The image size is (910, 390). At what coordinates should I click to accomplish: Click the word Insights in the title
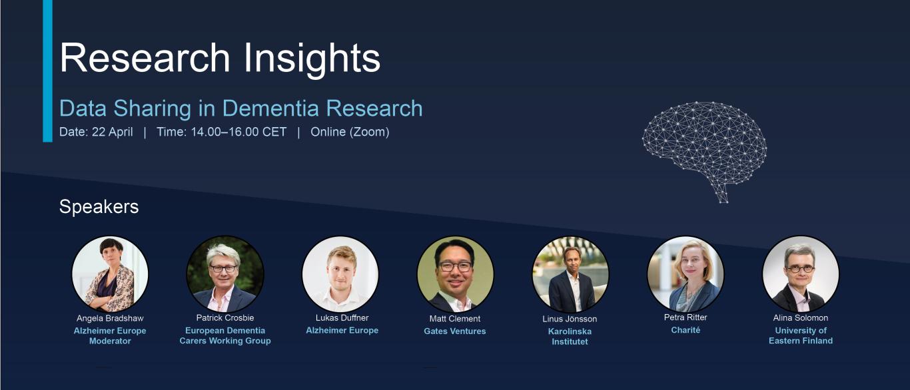pyautogui.click(x=312, y=59)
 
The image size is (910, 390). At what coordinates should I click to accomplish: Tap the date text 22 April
pyautogui.click(x=112, y=132)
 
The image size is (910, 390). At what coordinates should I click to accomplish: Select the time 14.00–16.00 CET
pyautogui.click(x=238, y=132)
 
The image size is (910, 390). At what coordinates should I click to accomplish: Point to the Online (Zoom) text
pyautogui.click(x=350, y=132)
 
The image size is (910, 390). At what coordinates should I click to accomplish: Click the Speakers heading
pyautogui.click(x=99, y=206)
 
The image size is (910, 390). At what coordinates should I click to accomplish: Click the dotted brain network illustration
pyautogui.click(x=704, y=152)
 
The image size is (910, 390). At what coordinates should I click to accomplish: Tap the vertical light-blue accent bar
pyautogui.click(x=47, y=71)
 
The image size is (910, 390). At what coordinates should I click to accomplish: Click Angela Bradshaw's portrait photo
pyautogui.click(x=110, y=274)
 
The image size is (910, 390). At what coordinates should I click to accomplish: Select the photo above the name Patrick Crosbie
pyautogui.click(x=225, y=274)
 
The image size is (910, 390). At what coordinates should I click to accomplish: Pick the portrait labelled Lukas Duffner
pyautogui.click(x=340, y=274)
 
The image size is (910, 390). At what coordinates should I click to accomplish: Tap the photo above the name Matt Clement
pyautogui.click(x=456, y=274)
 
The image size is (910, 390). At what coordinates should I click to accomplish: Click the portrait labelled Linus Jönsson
pyautogui.click(x=570, y=274)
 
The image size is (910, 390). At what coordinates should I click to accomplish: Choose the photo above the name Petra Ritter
pyautogui.click(x=685, y=274)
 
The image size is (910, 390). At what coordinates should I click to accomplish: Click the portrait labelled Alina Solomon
pyautogui.click(x=801, y=274)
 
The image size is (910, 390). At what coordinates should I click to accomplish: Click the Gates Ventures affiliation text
pyautogui.click(x=455, y=331)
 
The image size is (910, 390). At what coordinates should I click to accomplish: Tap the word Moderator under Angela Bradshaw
pyautogui.click(x=110, y=341)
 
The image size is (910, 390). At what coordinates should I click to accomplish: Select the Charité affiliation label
pyautogui.click(x=685, y=330)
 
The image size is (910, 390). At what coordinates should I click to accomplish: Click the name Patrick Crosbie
pyautogui.click(x=225, y=317)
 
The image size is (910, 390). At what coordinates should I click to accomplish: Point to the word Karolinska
pyautogui.click(x=570, y=331)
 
